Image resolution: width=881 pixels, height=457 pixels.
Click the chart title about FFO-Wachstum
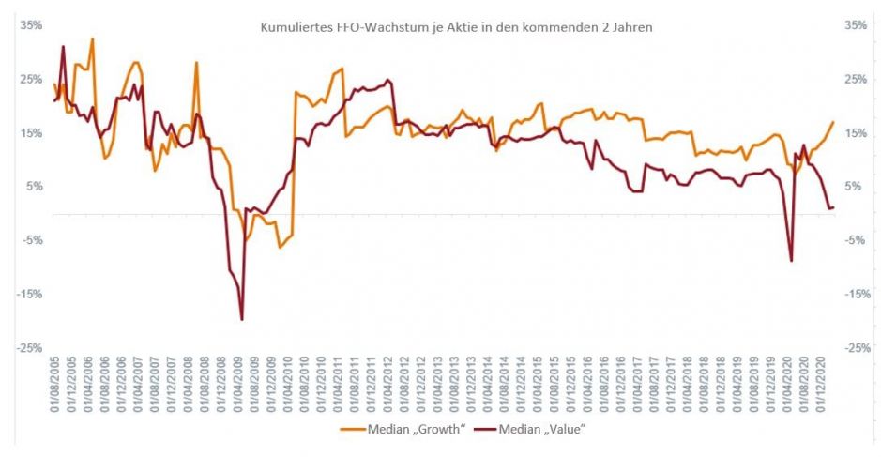pos(456,28)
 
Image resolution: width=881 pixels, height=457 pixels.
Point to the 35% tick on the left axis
pos(32,25)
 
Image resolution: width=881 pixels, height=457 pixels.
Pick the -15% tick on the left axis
pos(30,295)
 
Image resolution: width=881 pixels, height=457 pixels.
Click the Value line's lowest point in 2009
pos(242,320)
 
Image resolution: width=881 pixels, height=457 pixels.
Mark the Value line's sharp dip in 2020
pos(791,261)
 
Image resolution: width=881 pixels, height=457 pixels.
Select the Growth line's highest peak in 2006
pos(92,38)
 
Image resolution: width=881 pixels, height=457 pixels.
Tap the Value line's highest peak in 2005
pos(63,46)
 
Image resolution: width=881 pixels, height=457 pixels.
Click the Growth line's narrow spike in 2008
pos(196,63)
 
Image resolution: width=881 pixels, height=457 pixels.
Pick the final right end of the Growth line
pos(833,122)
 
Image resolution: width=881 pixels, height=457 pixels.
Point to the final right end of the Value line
pos(833,206)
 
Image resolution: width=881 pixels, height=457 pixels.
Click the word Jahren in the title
pos(631,28)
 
